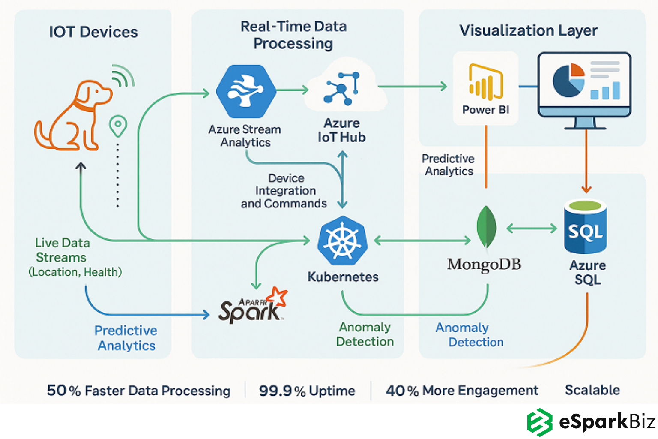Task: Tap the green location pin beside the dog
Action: [x=118, y=126]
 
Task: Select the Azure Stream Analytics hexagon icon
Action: [x=246, y=91]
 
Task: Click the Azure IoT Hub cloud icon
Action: [x=343, y=88]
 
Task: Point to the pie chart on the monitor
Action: [x=568, y=80]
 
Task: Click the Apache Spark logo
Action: [x=253, y=307]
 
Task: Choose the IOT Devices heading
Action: [x=93, y=32]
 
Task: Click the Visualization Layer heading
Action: [x=528, y=30]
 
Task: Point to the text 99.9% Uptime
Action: [x=307, y=391]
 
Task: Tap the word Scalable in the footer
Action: [x=592, y=390]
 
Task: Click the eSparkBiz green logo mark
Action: [x=539, y=422]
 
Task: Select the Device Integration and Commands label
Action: [x=284, y=191]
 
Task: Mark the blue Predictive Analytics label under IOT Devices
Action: [x=126, y=338]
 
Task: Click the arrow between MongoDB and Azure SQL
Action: [x=532, y=228]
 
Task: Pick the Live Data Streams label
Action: [x=63, y=250]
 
